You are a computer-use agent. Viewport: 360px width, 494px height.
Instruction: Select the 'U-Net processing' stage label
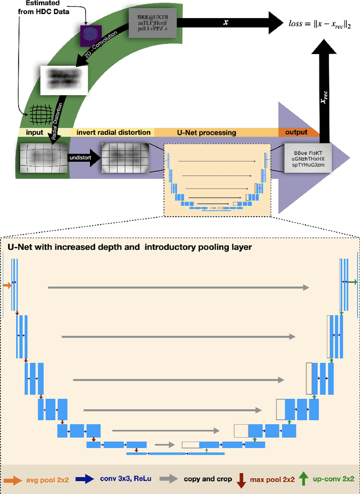point(215,132)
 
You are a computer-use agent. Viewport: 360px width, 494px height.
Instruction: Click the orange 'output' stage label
point(296,132)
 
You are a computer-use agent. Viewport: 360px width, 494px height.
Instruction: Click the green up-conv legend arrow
point(304,479)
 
